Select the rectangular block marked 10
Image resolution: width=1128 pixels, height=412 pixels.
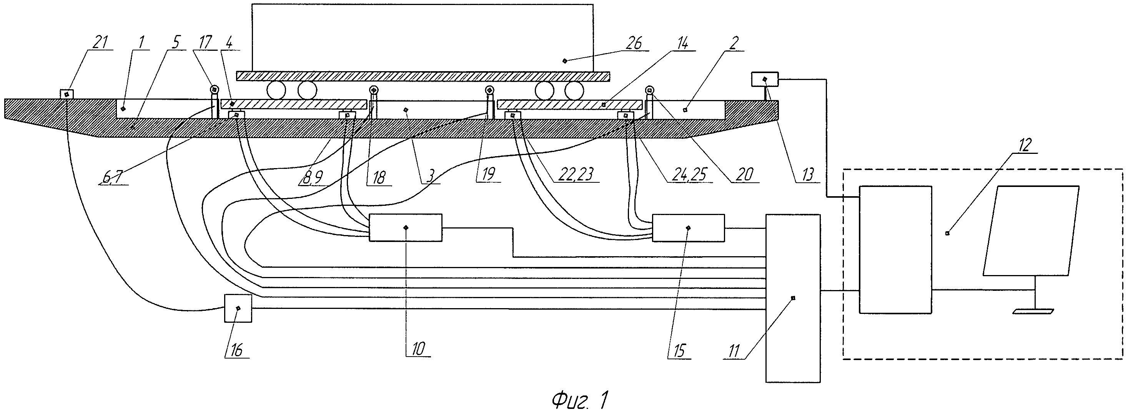coord(406,227)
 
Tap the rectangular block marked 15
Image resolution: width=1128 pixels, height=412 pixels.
coord(688,227)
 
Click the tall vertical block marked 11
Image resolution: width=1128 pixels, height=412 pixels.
coord(793,298)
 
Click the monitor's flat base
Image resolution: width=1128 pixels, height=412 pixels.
coord(1033,312)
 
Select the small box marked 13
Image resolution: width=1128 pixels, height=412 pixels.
coord(765,79)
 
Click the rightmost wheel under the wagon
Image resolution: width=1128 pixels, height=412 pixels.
coord(574,91)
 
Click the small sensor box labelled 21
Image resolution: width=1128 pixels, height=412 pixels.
coord(66,94)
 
